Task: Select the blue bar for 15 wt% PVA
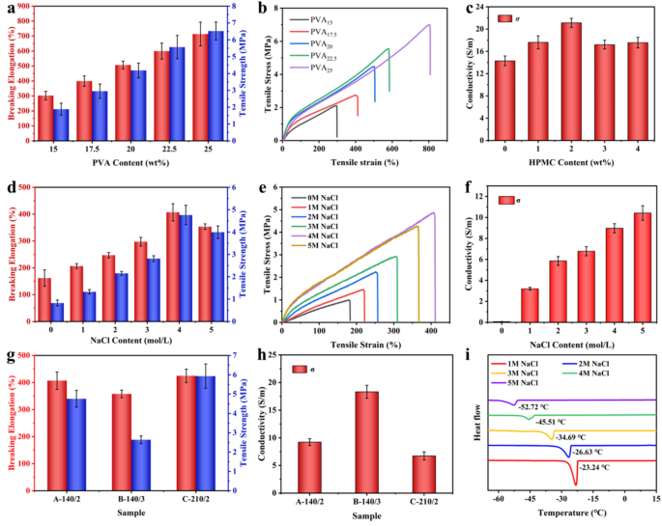61,125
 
